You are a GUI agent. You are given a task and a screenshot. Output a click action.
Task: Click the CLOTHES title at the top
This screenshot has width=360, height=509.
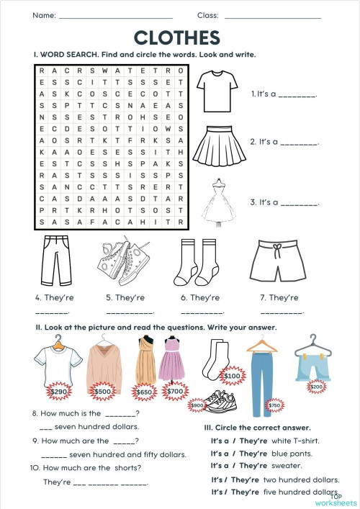tap(176, 37)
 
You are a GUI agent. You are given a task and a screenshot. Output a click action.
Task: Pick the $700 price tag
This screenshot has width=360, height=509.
tap(176, 392)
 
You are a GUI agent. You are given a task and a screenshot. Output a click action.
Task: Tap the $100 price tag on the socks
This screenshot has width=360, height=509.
tap(232, 375)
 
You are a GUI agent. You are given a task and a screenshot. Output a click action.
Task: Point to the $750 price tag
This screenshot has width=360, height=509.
tap(274, 405)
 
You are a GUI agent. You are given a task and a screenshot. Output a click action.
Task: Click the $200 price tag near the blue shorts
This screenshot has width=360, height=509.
tap(315, 386)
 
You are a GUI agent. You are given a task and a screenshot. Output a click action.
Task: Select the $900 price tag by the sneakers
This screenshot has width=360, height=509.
tap(197, 405)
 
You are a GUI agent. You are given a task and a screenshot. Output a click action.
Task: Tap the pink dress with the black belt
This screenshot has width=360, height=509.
tap(175, 364)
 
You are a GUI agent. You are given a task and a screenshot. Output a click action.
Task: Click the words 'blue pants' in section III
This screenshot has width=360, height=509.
tap(296, 454)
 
